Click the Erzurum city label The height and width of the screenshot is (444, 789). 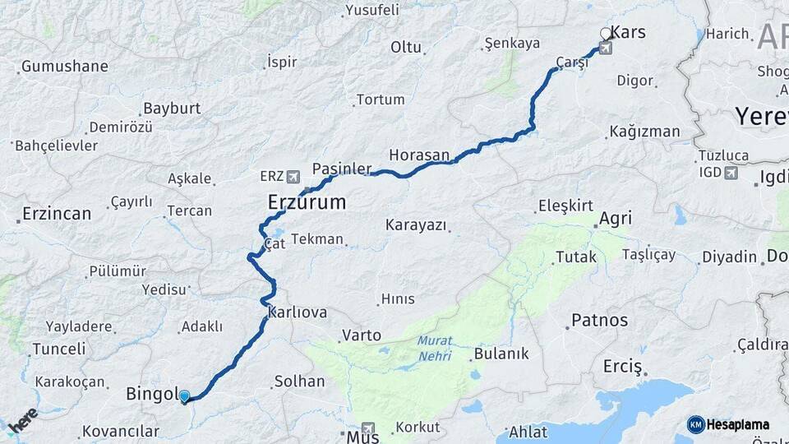click(307, 202)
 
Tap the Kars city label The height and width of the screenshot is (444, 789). click(630, 33)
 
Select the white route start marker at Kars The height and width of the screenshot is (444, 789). click(606, 34)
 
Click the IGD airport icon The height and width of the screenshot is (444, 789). click(731, 172)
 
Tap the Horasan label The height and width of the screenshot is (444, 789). click(419, 155)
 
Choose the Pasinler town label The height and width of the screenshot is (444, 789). click(337, 169)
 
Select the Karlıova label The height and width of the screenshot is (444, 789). click(298, 312)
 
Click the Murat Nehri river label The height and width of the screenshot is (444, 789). click(436, 348)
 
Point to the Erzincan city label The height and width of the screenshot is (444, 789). click(57, 214)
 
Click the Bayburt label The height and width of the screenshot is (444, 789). click(172, 109)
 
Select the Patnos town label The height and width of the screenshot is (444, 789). click(599, 320)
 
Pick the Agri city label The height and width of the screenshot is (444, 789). click(616, 219)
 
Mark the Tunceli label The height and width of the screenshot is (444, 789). click(59, 349)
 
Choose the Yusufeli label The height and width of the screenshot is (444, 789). click(372, 10)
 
